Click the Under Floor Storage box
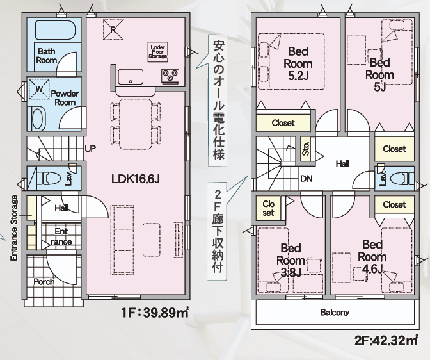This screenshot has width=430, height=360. pos(157,52)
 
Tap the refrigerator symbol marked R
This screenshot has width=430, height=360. pos(113,29)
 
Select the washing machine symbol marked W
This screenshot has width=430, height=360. pos(39,89)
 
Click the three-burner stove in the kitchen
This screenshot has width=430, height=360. pos(170,76)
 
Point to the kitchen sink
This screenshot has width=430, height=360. pos(131,77)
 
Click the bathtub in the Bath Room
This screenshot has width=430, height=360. pos(56,30)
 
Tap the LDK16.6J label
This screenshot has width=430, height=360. pos(136,179)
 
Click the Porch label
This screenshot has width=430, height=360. pos(44,282)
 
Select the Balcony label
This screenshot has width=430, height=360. pos(335,312)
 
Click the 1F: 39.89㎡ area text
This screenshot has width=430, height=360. pos(155,313)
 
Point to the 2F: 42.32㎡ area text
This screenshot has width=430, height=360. pos(386,341)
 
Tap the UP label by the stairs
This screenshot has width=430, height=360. pos(90,149)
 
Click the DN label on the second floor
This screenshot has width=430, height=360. pos(307,179)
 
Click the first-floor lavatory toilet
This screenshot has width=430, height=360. pos(49,178)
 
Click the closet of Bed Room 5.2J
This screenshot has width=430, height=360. pos(283,123)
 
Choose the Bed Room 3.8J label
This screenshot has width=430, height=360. pos(290,261)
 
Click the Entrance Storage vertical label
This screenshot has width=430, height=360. pos(14,228)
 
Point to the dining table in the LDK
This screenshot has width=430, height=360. pos(136,124)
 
